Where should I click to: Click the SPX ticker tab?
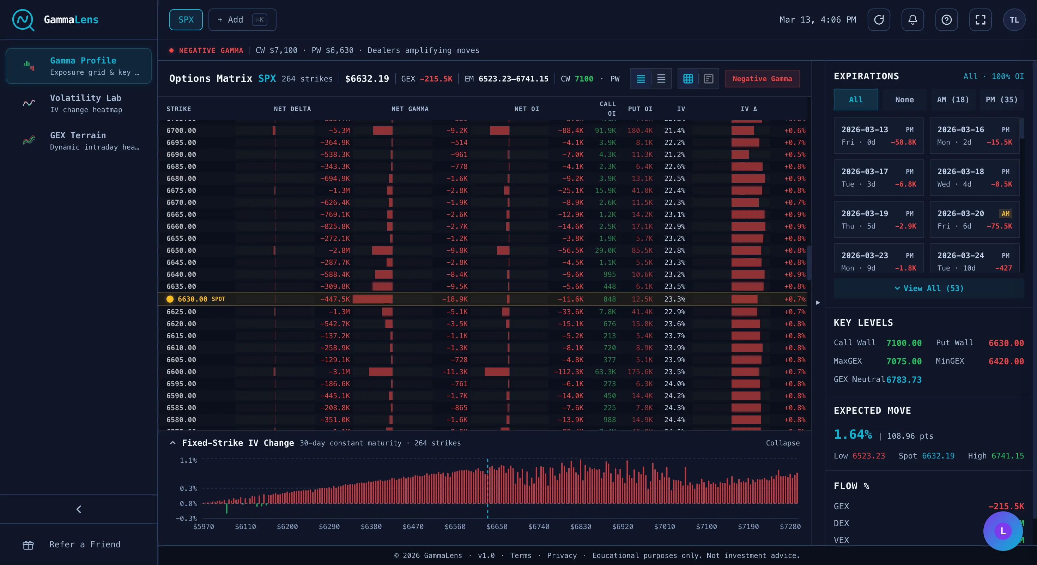tap(186, 20)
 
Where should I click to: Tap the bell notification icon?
tap(912, 20)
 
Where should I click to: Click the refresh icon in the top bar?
tap(879, 20)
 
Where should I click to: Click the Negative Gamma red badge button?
tap(762, 79)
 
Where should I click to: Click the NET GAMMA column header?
tap(410, 109)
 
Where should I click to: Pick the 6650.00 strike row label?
tap(181, 250)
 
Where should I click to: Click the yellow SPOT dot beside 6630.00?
tap(170, 299)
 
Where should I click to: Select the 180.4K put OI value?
tap(640, 130)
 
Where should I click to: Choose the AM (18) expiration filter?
tap(952, 100)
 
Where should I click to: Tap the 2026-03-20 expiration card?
tap(974, 220)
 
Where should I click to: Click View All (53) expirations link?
tap(929, 288)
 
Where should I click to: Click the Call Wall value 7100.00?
tap(903, 343)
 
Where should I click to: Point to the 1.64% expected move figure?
tap(853, 435)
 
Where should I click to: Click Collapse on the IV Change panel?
tap(782, 443)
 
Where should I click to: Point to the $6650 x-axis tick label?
tap(497, 527)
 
